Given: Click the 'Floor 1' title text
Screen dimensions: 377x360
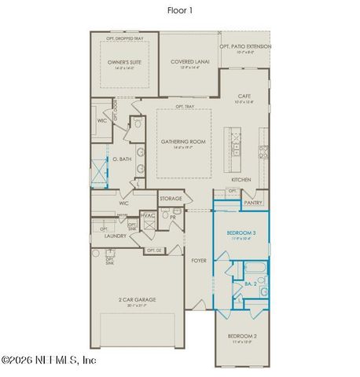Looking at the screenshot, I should pos(179,11).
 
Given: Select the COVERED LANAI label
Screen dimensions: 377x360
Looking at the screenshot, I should pos(188,64).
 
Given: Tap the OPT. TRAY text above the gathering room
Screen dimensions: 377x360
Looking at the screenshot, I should pos(184,106).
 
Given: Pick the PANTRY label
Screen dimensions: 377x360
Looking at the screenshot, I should pos(252,203).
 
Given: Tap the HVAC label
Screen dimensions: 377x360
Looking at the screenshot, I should pos(148,215).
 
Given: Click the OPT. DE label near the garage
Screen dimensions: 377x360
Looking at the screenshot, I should pos(153,251).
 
